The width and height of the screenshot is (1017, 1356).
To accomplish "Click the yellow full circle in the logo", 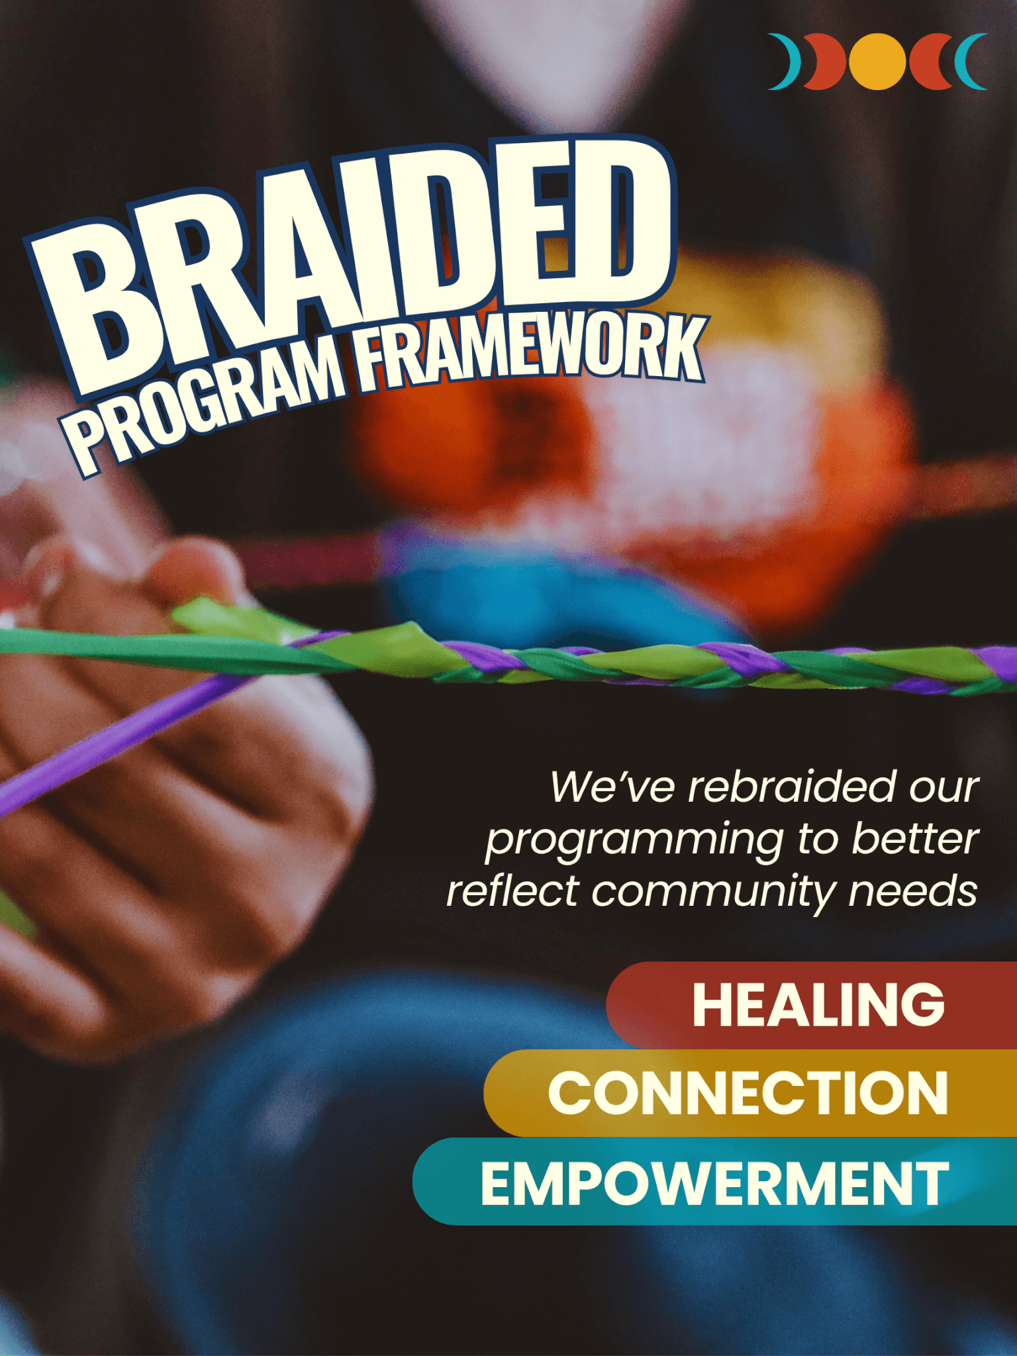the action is pos(877,61).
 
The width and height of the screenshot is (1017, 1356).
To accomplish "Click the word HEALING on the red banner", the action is pos(818,1004).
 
